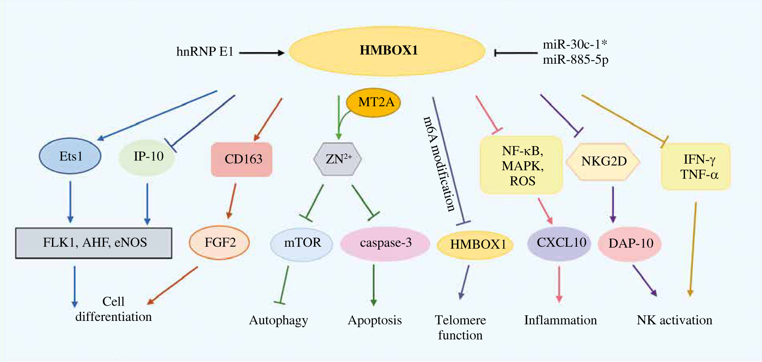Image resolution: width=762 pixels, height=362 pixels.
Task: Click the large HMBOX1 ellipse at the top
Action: tap(387, 51)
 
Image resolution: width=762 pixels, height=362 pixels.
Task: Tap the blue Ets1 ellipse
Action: tap(70, 156)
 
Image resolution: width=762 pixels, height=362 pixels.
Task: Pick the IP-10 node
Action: tap(147, 157)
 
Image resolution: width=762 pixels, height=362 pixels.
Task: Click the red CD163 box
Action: tap(242, 159)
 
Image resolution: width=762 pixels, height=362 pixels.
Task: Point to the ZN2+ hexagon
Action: tap(337, 159)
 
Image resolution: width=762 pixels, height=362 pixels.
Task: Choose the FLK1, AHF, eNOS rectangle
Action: tap(94, 243)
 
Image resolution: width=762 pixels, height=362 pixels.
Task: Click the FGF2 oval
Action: tap(219, 243)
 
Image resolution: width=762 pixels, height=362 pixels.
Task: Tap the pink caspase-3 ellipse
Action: tap(385, 243)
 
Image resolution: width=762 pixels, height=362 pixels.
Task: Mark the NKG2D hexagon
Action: tap(603, 161)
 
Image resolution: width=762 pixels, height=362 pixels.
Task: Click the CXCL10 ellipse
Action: tap(560, 243)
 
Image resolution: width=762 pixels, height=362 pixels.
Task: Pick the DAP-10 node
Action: tap(630, 244)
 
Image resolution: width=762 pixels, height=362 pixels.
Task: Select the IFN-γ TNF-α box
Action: tap(696, 167)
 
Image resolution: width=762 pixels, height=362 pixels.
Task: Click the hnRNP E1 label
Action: tap(205, 52)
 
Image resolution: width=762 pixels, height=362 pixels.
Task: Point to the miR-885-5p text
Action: tap(575, 60)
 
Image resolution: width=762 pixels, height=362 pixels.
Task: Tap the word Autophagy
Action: tap(279, 320)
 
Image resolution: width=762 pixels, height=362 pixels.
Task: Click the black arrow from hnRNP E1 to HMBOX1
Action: tap(262, 52)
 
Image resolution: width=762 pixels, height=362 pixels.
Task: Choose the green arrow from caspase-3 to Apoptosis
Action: tap(374, 285)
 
